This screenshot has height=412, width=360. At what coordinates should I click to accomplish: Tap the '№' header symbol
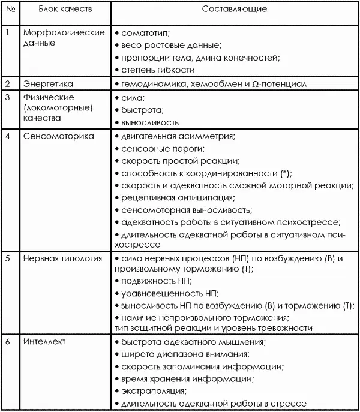tap(10, 9)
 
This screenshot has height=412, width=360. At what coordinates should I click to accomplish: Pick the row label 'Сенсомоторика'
tap(59, 136)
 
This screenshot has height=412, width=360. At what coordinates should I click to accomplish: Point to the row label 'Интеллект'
tap(45, 342)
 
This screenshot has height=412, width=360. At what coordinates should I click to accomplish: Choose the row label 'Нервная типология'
tap(62, 258)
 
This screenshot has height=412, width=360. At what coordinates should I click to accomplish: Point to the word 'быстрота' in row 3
tap(140, 110)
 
